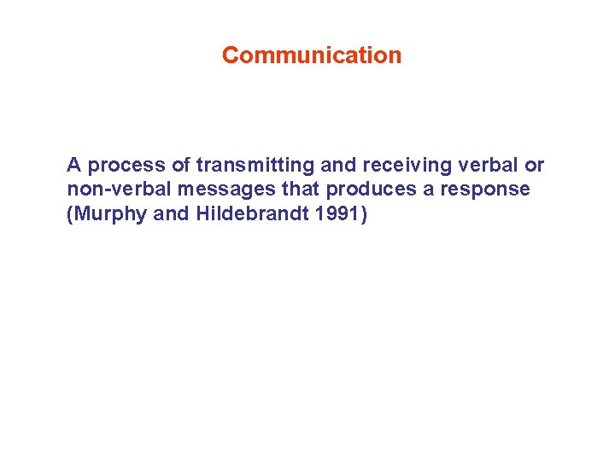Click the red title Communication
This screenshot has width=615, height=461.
(311, 55)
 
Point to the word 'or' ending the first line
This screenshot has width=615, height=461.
(534, 165)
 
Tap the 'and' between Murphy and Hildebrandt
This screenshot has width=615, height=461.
(171, 213)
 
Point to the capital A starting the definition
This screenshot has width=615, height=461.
(74, 165)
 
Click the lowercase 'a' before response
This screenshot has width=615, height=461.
(428, 189)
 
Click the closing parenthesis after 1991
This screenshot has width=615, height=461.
(366, 213)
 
